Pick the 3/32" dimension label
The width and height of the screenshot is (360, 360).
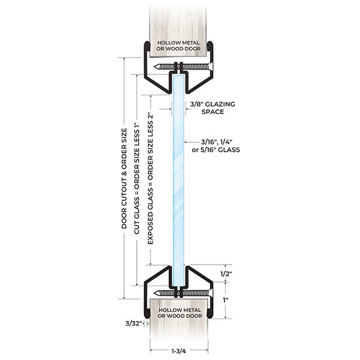(133, 323)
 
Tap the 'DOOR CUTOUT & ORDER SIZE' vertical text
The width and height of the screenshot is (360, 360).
(124, 180)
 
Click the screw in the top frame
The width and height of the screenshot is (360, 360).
(181, 66)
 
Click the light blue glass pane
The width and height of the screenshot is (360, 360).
(179, 180)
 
